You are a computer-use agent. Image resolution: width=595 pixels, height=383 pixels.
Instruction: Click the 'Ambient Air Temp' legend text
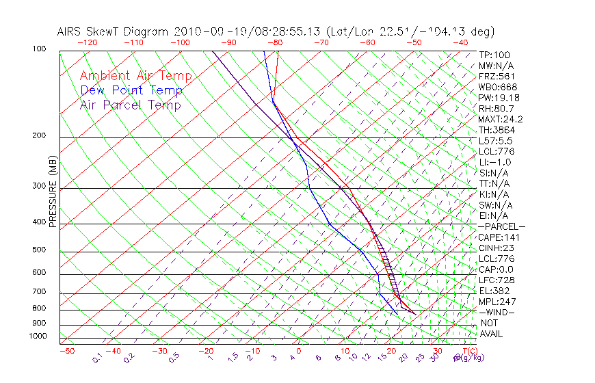coord(135,76)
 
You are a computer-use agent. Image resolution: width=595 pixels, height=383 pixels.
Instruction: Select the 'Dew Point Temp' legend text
coord(131,90)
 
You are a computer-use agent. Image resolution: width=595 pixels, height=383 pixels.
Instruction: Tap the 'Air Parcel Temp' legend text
coord(130,105)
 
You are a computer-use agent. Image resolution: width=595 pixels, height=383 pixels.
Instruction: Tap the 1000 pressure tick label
coord(38,336)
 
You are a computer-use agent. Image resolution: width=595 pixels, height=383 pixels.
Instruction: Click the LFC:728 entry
coord(496,280)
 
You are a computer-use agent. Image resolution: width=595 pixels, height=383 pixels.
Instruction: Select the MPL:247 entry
coord(496,302)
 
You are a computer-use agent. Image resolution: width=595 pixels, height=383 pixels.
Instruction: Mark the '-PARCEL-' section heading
coord(501,226)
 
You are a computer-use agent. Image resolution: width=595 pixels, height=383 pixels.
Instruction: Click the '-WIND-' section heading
coord(497,312)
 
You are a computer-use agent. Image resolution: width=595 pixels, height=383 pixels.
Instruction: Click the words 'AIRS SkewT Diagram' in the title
coord(114,31)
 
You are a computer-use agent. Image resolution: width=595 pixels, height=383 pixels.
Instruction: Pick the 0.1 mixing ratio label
coord(97,358)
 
